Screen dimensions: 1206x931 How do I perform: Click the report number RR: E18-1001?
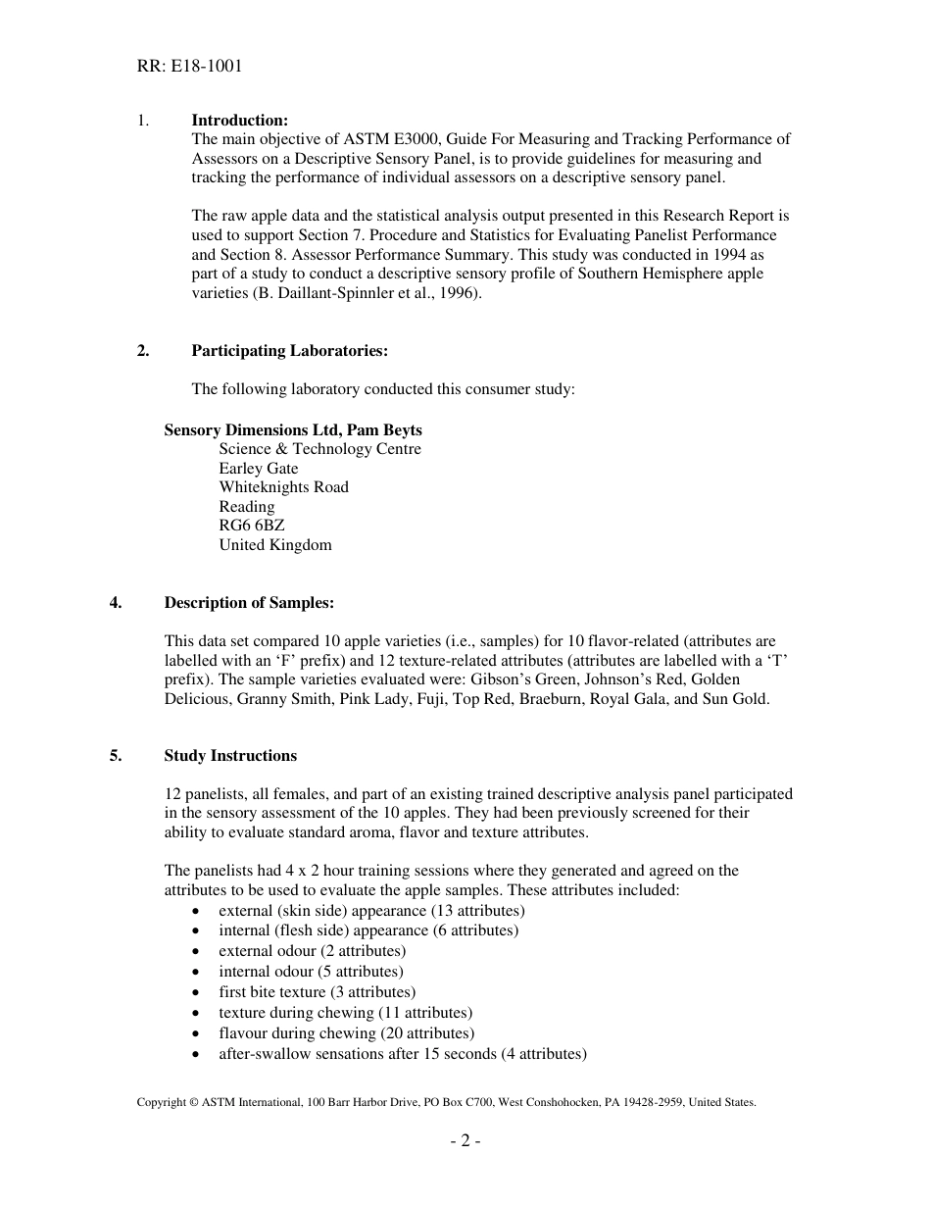tap(190, 67)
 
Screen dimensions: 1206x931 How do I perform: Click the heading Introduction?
tap(239, 121)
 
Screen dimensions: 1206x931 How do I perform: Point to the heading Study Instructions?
tap(230, 756)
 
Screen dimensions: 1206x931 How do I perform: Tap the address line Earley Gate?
tap(259, 469)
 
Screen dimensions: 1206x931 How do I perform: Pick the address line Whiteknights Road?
tap(283, 487)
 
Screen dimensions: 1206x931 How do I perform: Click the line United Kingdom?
tap(275, 545)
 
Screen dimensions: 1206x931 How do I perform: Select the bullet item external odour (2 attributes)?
tap(312, 951)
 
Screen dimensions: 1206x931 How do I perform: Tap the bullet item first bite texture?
tap(317, 992)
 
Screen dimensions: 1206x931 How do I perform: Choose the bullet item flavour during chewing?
tap(346, 1033)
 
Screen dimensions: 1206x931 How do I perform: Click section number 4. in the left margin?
tap(116, 602)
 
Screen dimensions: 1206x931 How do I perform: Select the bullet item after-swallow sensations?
tap(402, 1054)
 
